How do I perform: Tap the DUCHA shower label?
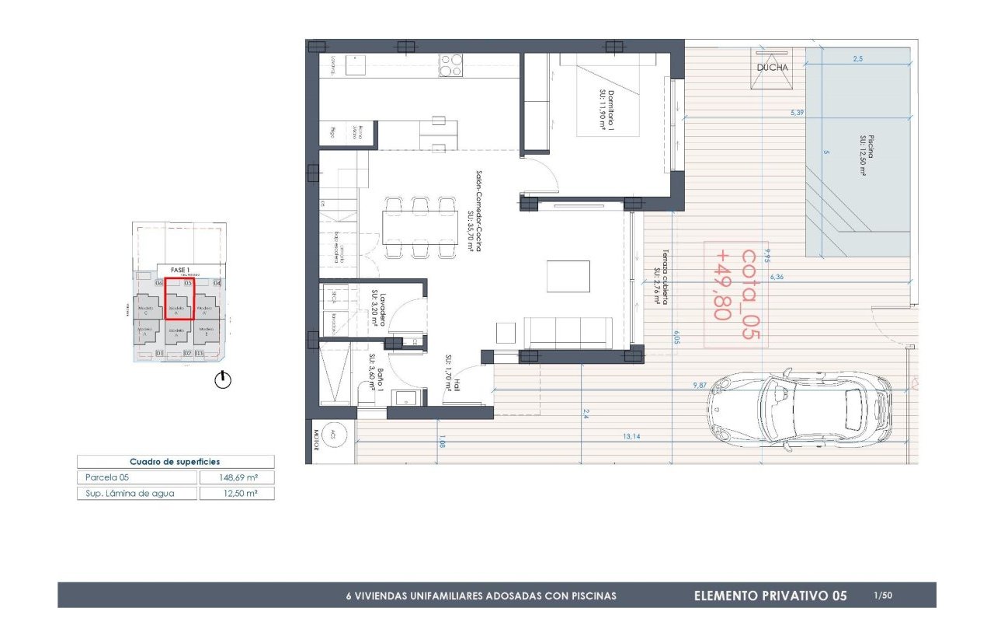click(x=772, y=68)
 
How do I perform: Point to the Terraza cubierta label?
click(x=661, y=276)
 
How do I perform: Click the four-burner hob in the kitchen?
click(x=451, y=65)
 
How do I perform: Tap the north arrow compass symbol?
click(x=223, y=380)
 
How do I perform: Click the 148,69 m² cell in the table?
click(x=237, y=477)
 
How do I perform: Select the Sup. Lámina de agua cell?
click(x=137, y=493)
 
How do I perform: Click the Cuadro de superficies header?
click(x=175, y=462)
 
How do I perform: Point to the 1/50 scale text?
click(x=882, y=596)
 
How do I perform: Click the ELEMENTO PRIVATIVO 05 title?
click(x=770, y=596)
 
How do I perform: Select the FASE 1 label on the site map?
click(x=179, y=271)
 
